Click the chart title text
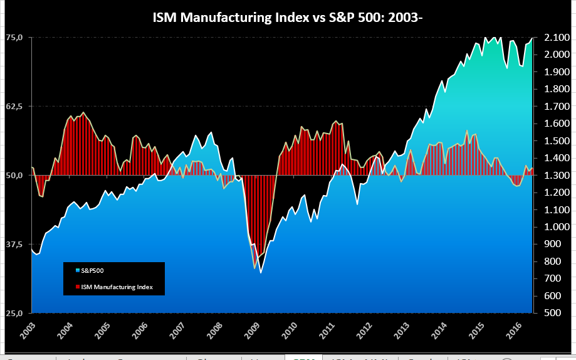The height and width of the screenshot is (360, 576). point(288,18)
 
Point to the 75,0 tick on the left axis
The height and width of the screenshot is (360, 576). point(14,38)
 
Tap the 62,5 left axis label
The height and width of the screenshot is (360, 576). point(14,107)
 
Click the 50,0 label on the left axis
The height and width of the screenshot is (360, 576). point(14,176)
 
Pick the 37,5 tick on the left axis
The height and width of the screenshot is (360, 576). point(14,244)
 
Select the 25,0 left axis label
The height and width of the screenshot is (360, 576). point(14,313)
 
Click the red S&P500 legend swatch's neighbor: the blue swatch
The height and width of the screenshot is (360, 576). point(78,270)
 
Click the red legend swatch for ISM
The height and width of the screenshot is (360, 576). point(78,287)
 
